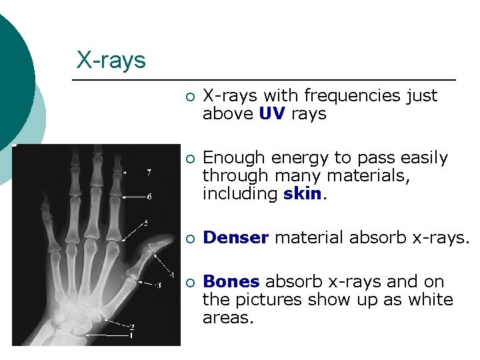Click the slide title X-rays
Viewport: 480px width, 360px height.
tap(111, 60)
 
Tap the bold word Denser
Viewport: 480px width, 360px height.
tap(236, 238)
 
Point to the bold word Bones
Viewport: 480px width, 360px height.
tap(231, 282)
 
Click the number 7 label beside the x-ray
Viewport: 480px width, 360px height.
tap(149, 172)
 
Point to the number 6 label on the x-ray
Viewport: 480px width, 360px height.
tap(149, 197)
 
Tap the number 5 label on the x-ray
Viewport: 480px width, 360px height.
tap(146, 221)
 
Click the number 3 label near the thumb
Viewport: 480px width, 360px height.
tap(157, 286)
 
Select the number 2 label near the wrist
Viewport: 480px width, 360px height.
tap(132, 327)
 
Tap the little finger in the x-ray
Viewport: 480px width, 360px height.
tap(46, 213)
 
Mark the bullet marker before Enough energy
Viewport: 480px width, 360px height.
tap(190, 159)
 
